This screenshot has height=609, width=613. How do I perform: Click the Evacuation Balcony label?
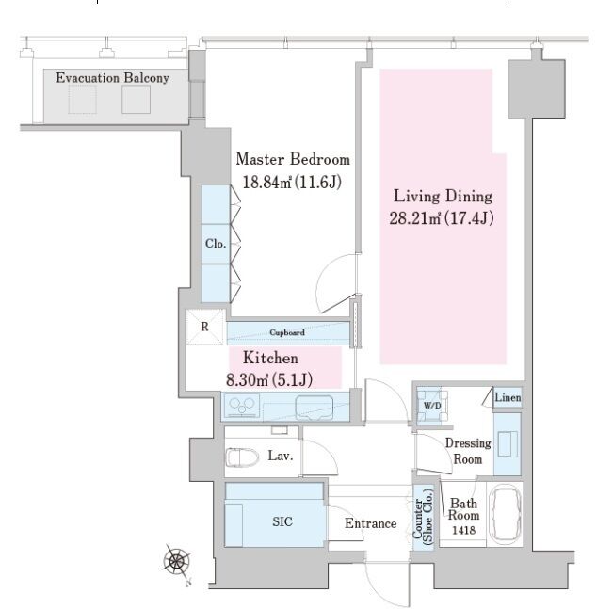point(113,78)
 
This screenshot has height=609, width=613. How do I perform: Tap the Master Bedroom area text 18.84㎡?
point(267,183)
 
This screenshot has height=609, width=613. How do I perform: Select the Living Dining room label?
point(443,196)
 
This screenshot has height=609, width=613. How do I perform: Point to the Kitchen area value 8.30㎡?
point(248,380)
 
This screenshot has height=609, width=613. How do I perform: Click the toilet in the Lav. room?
point(242,457)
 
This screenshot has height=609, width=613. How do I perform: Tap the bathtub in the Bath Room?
point(505,513)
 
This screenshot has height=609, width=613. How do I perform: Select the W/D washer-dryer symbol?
point(432,406)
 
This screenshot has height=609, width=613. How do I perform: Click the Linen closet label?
point(508,397)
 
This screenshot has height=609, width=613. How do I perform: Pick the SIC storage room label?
point(282,521)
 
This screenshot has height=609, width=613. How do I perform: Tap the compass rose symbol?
point(177,562)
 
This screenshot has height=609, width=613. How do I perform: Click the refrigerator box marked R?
point(205,327)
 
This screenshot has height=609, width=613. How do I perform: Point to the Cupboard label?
point(287,332)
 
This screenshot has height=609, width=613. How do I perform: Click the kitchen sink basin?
point(315,408)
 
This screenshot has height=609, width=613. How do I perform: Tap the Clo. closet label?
point(216,244)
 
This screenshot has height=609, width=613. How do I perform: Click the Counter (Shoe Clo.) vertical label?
point(423,517)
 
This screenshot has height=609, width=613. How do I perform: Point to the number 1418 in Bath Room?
point(463,531)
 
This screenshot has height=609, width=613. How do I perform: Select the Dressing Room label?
point(468,451)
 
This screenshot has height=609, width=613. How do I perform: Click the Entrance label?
point(371,523)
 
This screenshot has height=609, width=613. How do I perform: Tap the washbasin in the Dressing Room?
point(508,443)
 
